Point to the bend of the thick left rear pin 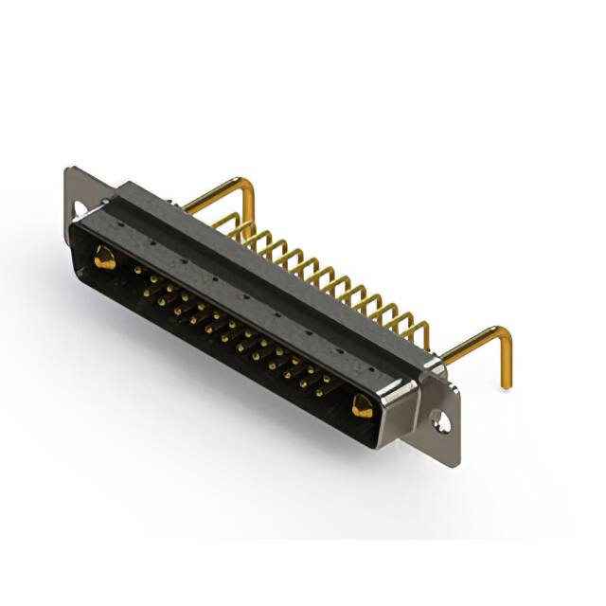pos(248,187)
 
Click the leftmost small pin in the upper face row pos(138,269)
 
